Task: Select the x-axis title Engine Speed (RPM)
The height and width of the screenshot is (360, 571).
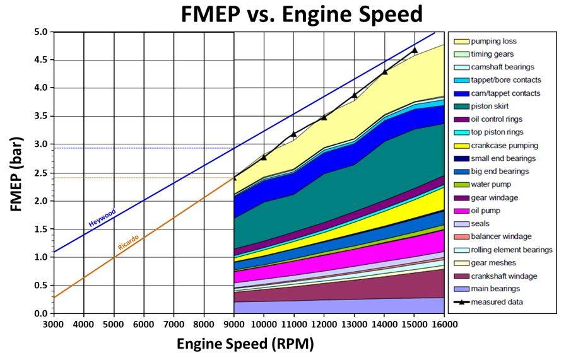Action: click(x=245, y=344)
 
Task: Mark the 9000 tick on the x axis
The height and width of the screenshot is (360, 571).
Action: click(x=233, y=323)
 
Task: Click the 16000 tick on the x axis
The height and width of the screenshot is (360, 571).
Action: click(x=444, y=323)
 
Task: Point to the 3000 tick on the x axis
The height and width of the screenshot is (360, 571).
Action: click(x=54, y=323)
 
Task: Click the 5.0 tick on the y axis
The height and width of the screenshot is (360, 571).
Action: click(x=40, y=32)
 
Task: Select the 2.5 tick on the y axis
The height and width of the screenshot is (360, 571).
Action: click(x=40, y=172)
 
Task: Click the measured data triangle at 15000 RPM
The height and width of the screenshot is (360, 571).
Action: click(x=415, y=49)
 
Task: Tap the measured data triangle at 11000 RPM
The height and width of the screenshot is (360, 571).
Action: click(x=294, y=134)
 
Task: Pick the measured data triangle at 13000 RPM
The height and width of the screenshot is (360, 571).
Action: click(x=355, y=95)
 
